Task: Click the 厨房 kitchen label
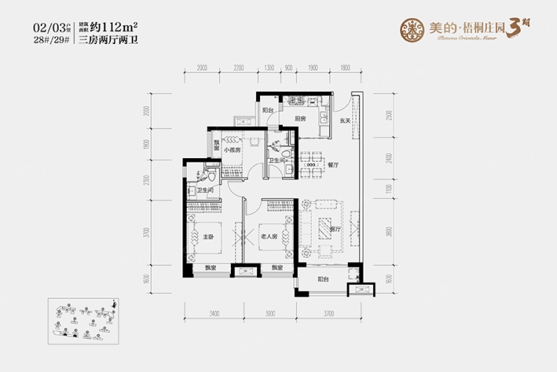click(x=300, y=118)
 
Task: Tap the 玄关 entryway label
click(x=346, y=120)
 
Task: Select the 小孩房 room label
click(x=232, y=148)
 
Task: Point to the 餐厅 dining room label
click(x=333, y=165)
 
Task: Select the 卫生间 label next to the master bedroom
click(x=206, y=191)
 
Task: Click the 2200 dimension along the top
click(x=238, y=67)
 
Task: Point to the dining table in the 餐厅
click(x=308, y=167)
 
